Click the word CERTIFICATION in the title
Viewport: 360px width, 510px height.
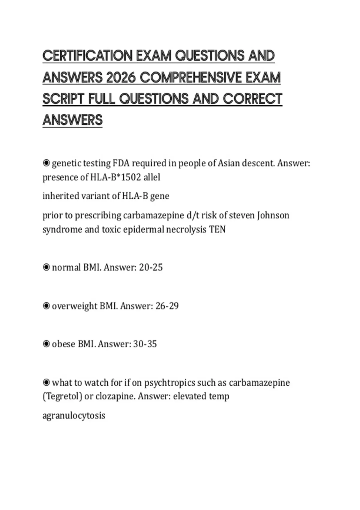[88, 56]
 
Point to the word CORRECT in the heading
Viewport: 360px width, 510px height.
[253, 99]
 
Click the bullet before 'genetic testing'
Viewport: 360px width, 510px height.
[46, 163]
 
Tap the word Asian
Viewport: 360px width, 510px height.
[228, 163]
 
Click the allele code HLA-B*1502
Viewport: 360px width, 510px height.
[115, 177]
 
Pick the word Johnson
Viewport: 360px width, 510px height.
[273, 215]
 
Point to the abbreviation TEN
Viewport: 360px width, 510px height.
[217, 229]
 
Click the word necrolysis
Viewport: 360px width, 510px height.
[186, 229]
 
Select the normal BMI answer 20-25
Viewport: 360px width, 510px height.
[151, 267]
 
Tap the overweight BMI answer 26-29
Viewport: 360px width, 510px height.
[167, 306]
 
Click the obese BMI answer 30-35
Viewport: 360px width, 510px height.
[145, 344]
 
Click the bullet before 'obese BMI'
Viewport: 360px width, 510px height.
[46, 344]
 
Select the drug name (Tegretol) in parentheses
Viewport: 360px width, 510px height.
[62, 396]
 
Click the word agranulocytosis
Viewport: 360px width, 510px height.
[74, 415]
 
